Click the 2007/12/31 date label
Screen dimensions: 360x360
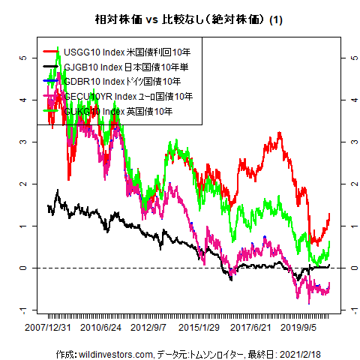point(49,327)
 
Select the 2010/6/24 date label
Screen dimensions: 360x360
point(101,327)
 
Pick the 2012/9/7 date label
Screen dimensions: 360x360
point(149,327)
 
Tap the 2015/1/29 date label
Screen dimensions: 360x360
point(199,327)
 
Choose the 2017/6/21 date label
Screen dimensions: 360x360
point(250,327)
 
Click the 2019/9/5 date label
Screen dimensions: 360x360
point(298,327)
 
